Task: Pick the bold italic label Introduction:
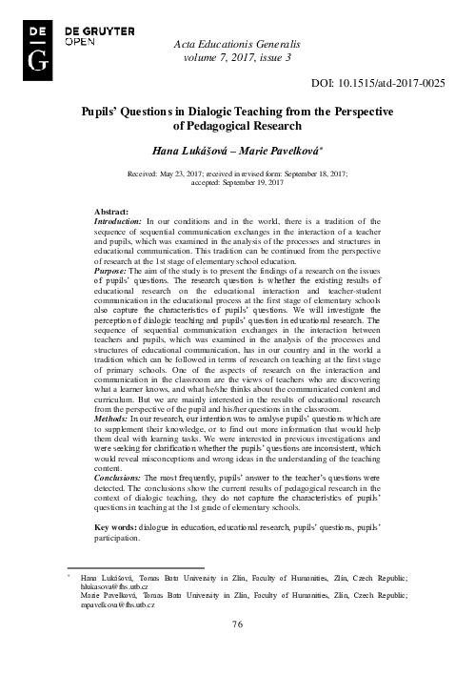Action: pyautogui.click(x=123, y=221)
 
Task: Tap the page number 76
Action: pyautogui.click(x=238, y=650)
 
